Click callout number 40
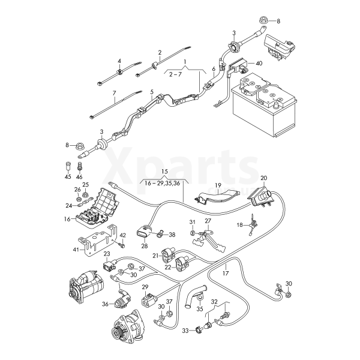click(x=259, y=62)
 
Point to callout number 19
click(x=218, y=185)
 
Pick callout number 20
click(x=264, y=178)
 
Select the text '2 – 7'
click(x=175, y=74)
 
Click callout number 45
click(x=67, y=176)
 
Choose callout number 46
click(x=79, y=176)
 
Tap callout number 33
click(x=186, y=330)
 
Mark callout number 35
click(x=200, y=310)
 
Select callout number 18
click(x=239, y=225)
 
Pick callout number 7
click(x=113, y=94)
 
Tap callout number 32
click(x=214, y=302)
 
